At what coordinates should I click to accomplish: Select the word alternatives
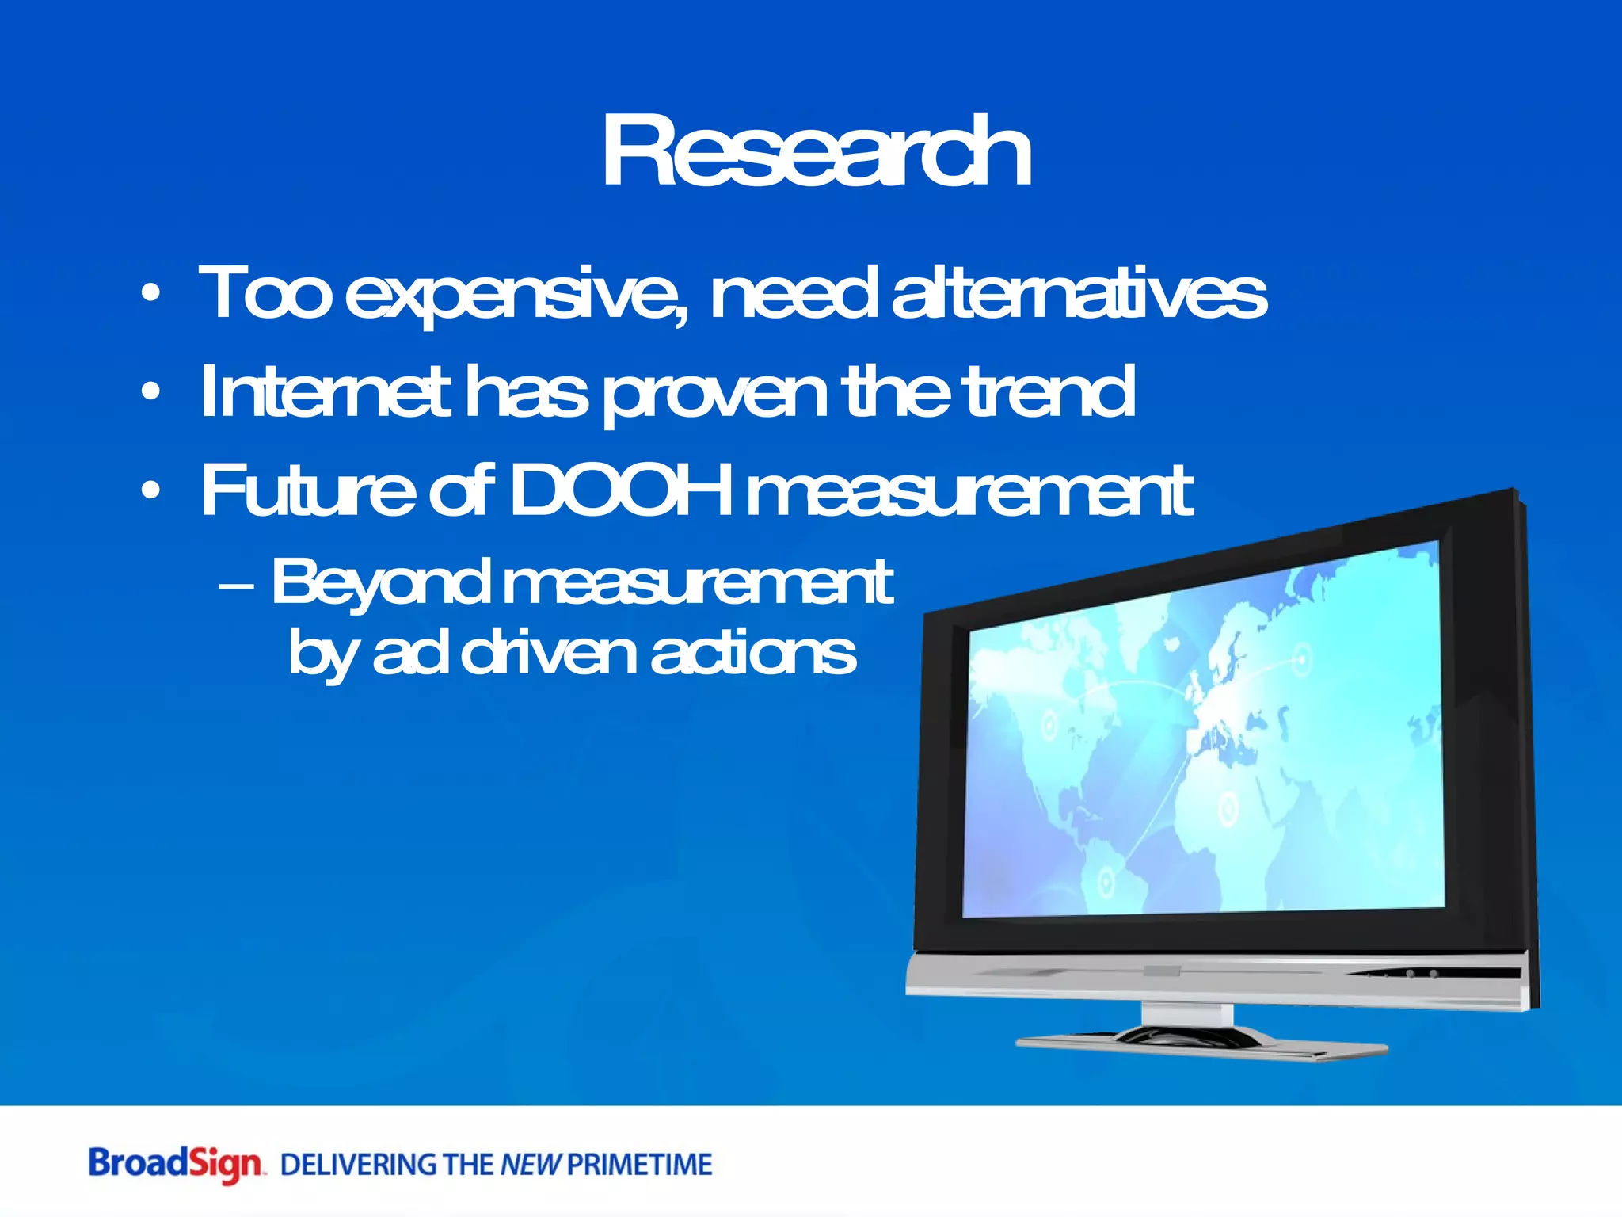(1079, 293)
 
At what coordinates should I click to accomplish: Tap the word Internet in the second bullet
(325, 391)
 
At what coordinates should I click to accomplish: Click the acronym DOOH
(619, 490)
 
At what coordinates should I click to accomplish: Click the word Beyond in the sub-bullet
(380, 583)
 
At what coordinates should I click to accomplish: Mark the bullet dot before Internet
(150, 391)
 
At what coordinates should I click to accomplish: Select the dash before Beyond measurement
(236, 586)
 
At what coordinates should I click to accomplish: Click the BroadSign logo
(174, 1165)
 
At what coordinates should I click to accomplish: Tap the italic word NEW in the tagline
(531, 1165)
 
